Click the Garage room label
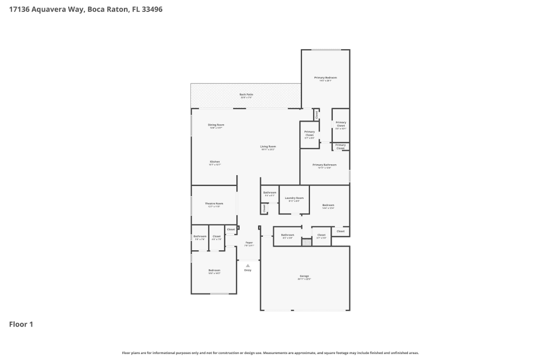click(x=304, y=276)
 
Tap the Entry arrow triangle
click(x=248, y=265)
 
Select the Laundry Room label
click(x=294, y=198)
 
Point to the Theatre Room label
click(x=214, y=204)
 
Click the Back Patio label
click(x=246, y=95)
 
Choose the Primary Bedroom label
click(x=326, y=78)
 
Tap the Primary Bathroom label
click(x=325, y=165)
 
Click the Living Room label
click(x=268, y=146)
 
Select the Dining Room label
click(x=216, y=125)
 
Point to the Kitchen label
click(x=215, y=162)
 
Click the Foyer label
click(x=249, y=243)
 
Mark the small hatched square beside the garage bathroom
click(x=307, y=242)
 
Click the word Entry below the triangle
click(x=248, y=270)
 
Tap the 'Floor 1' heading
click(x=21, y=324)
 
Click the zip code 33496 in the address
click(x=151, y=9)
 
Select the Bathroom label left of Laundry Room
click(x=269, y=192)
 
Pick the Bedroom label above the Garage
click(x=328, y=205)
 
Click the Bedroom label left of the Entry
click(x=214, y=270)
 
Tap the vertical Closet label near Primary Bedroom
click(x=316, y=115)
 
